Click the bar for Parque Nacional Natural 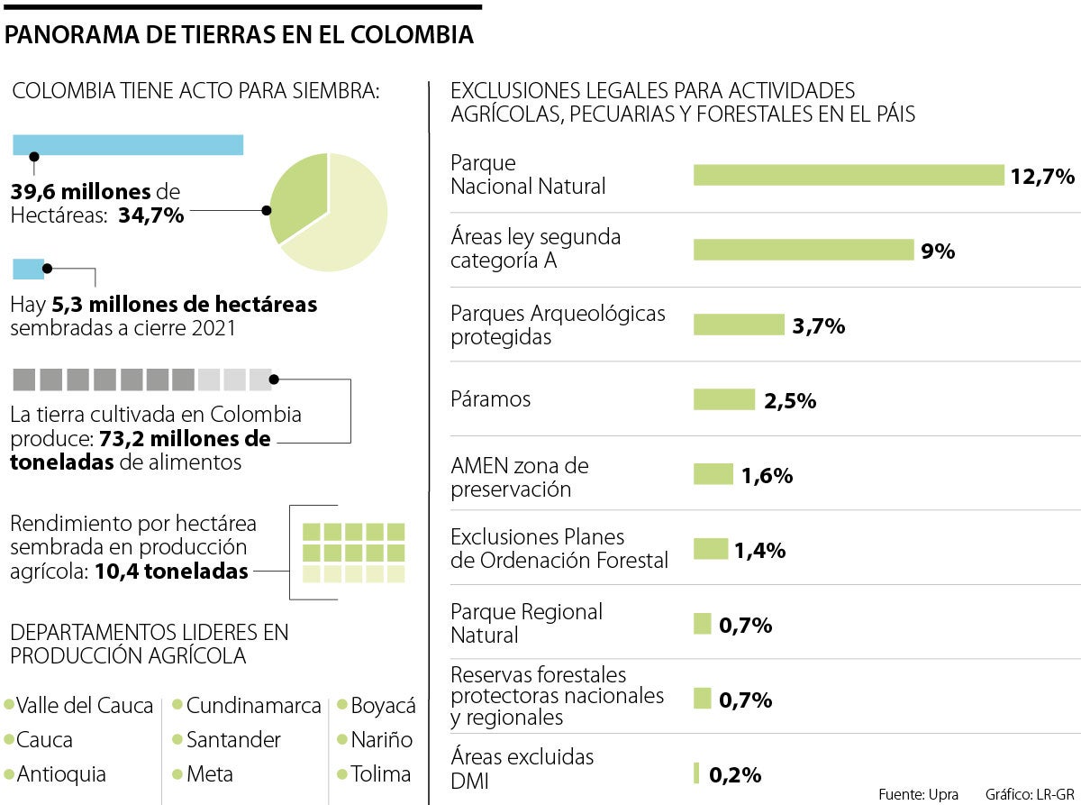pyautogui.click(x=848, y=175)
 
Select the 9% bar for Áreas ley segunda pyautogui.click(x=804, y=250)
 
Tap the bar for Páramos pyautogui.click(x=723, y=399)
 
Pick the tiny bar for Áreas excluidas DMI pyautogui.click(x=696, y=773)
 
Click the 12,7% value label pyautogui.click(x=1042, y=176)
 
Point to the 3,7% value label pyautogui.click(x=818, y=325)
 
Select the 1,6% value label pyautogui.click(x=767, y=475)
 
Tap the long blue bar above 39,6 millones pyautogui.click(x=128, y=144)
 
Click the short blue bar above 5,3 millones pyautogui.click(x=28, y=268)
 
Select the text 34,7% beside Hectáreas pyautogui.click(x=150, y=215)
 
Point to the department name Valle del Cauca pyautogui.click(x=85, y=706)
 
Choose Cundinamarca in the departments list pyautogui.click(x=253, y=706)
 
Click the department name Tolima pyautogui.click(x=380, y=773)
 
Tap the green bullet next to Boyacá pyautogui.click(x=342, y=705)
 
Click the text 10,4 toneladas pyautogui.click(x=171, y=571)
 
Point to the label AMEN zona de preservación pyautogui.click(x=519, y=478)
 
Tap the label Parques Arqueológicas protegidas pyautogui.click(x=558, y=325)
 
